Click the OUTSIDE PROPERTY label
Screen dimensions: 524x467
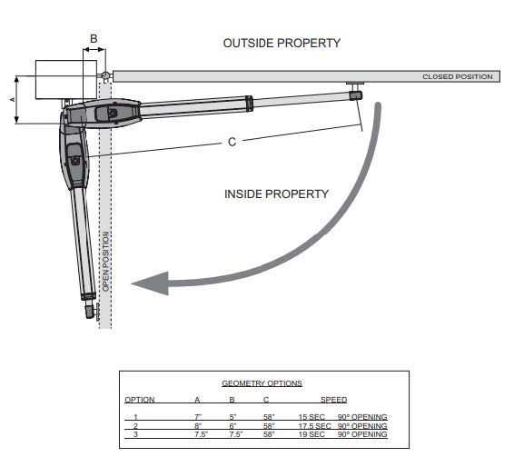click(x=282, y=43)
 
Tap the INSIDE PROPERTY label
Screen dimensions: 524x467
click(x=276, y=194)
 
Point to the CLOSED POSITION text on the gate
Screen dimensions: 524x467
click(x=458, y=77)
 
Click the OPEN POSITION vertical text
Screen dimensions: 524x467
click(x=105, y=262)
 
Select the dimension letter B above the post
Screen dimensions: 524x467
click(x=94, y=39)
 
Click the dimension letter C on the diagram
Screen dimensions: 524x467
click(x=232, y=142)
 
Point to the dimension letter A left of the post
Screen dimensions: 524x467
click(x=13, y=100)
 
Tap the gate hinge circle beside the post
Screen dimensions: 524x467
click(x=105, y=75)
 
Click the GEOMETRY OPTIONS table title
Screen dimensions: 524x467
click(x=262, y=383)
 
